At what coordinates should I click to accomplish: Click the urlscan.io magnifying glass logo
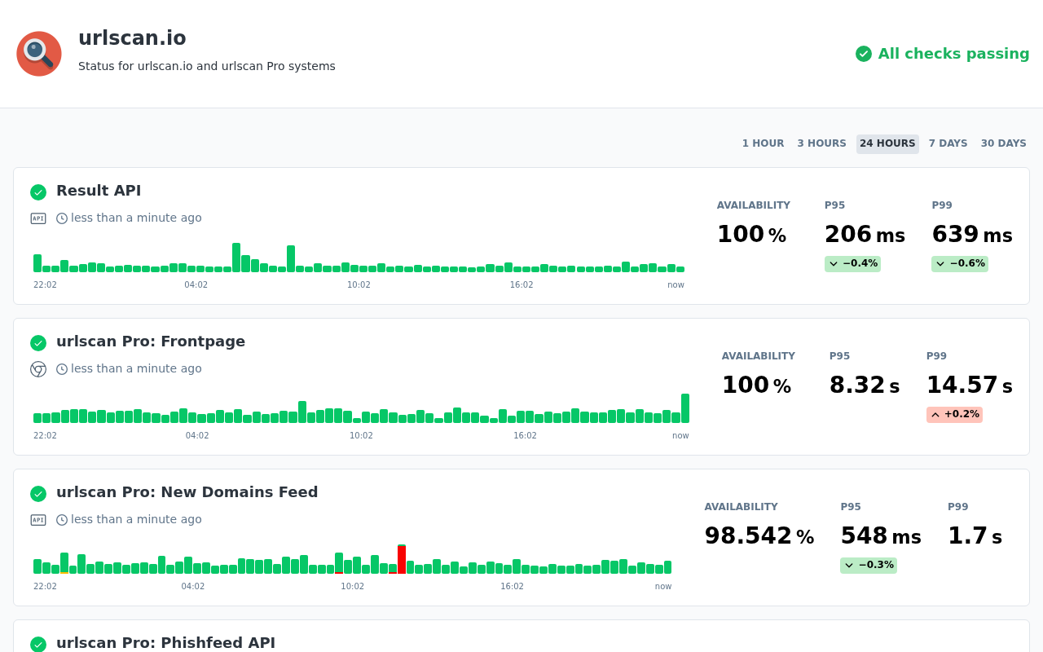click(x=39, y=54)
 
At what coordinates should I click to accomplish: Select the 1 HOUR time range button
click(x=763, y=143)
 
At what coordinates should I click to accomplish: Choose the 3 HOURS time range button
click(x=821, y=143)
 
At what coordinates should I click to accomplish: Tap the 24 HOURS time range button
click(x=887, y=143)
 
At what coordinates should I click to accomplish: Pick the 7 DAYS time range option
click(x=948, y=143)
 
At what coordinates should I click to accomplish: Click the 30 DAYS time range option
click(x=1003, y=143)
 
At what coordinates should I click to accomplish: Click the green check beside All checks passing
click(x=863, y=54)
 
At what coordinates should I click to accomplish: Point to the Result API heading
click(x=99, y=191)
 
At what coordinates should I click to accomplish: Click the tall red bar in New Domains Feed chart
click(x=402, y=559)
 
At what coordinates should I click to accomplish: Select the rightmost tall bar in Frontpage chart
click(x=685, y=408)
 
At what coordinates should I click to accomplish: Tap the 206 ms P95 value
click(x=865, y=234)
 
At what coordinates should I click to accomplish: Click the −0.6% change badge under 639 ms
click(x=960, y=263)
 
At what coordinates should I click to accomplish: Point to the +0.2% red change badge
click(x=954, y=415)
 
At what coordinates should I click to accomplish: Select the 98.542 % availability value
click(x=759, y=535)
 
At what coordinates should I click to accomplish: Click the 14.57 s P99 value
click(x=970, y=385)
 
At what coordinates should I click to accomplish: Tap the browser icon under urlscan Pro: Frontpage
click(x=38, y=369)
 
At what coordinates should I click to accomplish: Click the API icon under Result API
click(x=38, y=218)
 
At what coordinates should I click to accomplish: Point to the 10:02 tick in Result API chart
click(x=359, y=284)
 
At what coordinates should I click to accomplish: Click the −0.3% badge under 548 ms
click(x=869, y=566)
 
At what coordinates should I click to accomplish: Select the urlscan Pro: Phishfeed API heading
click(x=165, y=643)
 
